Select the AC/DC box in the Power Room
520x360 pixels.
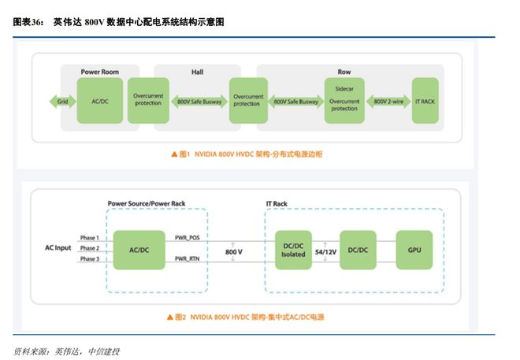coord(99,101)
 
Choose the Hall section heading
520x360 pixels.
coord(196,71)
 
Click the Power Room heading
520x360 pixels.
coord(99,71)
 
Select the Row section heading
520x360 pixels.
coord(344,71)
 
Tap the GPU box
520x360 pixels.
coord(414,249)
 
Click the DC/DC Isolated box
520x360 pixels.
coord(293,249)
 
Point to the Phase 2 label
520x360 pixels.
coord(88,249)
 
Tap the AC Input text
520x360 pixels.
coord(58,249)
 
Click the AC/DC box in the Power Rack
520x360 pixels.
coord(139,249)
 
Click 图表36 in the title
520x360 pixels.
coord(28,22)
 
